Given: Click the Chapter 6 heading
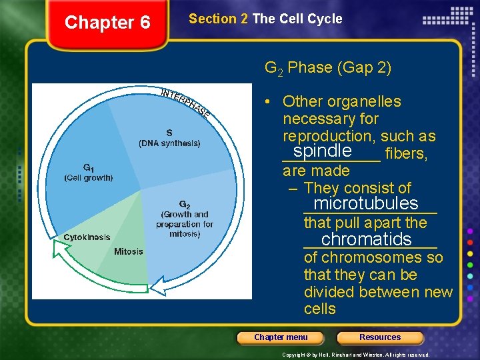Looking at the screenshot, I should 107,23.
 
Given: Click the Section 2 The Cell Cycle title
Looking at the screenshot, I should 265,19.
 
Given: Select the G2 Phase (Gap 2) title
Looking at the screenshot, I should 328,67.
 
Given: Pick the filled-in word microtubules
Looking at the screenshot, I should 366,203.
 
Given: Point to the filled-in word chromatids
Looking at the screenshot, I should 366,239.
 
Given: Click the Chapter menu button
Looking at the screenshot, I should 281,337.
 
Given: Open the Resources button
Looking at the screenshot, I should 380,337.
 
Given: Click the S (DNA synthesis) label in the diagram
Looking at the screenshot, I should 169,138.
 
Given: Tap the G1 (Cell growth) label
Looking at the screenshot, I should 89,173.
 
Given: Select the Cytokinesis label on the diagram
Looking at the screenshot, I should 87,237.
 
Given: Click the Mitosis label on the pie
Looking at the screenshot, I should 129,251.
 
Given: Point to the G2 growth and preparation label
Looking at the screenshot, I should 185,219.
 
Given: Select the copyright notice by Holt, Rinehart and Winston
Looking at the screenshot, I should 356,355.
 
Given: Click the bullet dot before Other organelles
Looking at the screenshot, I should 266,102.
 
